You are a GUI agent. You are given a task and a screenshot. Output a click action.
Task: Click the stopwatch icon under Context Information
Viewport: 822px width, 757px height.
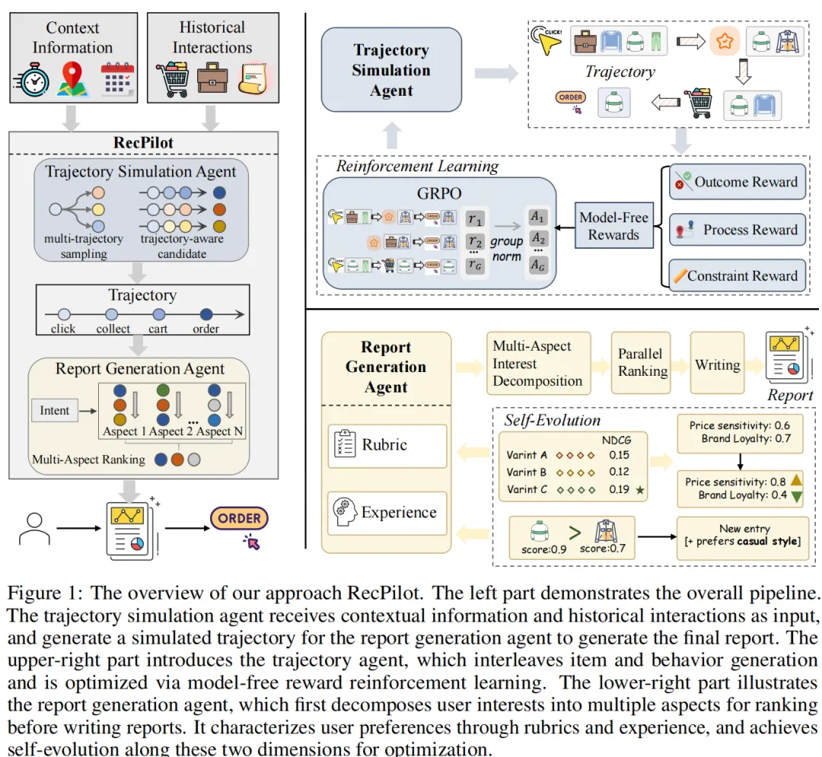pos(32,81)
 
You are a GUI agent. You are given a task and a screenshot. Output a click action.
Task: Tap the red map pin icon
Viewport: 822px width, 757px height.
pos(72,81)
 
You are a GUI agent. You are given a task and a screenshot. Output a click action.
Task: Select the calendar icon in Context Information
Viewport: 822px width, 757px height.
pos(116,81)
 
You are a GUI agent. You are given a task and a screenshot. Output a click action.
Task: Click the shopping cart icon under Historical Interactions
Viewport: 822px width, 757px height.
pos(172,81)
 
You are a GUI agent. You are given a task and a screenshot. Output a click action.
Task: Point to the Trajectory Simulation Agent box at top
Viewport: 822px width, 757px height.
pos(391,70)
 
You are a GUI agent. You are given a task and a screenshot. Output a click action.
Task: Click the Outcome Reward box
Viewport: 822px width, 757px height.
pos(738,183)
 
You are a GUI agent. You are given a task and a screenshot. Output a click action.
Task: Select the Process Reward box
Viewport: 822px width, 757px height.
pos(738,230)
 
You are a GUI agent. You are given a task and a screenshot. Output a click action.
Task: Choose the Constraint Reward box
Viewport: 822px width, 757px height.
pos(738,276)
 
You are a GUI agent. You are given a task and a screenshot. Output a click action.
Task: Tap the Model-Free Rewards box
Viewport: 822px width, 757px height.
pos(613,226)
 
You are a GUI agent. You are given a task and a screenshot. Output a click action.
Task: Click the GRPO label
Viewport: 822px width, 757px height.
pos(440,193)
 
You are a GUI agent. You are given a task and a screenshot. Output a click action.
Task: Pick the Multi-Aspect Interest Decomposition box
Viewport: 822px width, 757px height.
pos(537,364)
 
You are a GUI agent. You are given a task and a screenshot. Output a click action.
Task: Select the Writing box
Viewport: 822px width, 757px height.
pos(717,364)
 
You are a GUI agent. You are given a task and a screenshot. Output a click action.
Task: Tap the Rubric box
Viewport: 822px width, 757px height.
pos(387,445)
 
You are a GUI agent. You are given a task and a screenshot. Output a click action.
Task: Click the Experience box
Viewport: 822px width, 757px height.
pos(387,512)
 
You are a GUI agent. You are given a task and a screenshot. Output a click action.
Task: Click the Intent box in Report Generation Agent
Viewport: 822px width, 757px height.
pos(55,410)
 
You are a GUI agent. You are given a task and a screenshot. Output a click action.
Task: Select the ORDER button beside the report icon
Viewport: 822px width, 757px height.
pos(239,519)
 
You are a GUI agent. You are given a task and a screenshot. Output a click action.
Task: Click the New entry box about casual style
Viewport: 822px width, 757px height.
pos(744,535)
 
